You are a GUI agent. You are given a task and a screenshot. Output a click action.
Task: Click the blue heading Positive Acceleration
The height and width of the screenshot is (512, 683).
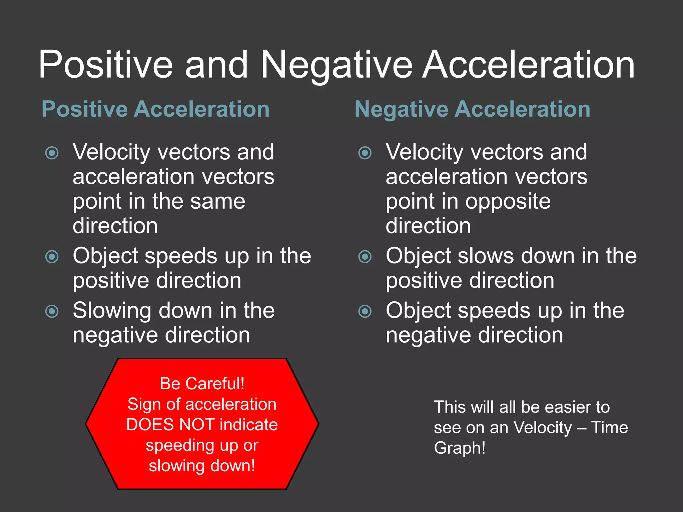(155, 109)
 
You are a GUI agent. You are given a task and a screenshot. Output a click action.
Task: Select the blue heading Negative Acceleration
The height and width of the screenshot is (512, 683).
(473, 109)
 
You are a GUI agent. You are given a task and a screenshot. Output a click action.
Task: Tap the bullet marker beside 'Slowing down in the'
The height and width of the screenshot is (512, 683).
(52, 311)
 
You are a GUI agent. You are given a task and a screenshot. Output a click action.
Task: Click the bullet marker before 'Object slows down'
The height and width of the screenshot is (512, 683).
(365, 257)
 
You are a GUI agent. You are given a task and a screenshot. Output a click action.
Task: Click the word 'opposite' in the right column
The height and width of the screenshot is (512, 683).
(508, 202)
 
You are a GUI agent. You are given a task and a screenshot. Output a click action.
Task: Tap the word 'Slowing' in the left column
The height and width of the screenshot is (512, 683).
(112, 311)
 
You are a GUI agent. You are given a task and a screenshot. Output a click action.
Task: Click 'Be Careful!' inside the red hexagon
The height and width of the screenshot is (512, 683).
(202, 384)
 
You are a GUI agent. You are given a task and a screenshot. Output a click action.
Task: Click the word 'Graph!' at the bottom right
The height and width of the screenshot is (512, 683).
(460, 448)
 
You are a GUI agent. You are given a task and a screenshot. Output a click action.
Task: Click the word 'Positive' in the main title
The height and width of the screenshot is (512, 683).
(106, 65)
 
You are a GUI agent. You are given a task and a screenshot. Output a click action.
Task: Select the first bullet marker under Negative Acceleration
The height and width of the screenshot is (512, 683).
(365, 153)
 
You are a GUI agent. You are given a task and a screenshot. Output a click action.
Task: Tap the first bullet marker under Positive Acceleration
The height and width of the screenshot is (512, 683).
(52, 153)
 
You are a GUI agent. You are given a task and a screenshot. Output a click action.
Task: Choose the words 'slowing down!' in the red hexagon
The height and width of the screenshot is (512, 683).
(202, 466)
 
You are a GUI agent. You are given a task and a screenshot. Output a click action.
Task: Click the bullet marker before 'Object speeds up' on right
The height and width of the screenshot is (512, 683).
(365, 311)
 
